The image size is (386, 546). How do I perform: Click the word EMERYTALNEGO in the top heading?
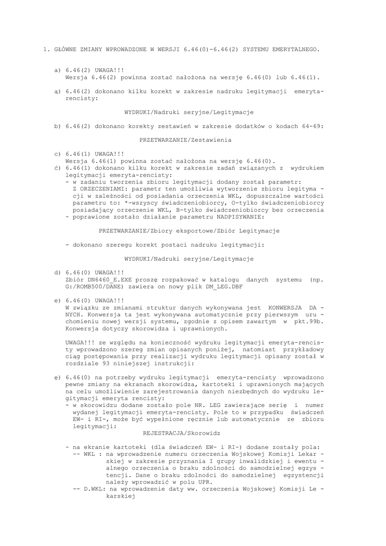pos(297,50)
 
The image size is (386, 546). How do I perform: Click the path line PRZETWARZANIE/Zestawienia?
pos(185,140)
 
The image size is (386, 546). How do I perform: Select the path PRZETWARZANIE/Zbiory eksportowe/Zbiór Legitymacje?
pos(189,230)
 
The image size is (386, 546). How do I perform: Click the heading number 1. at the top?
pos(46,50)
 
